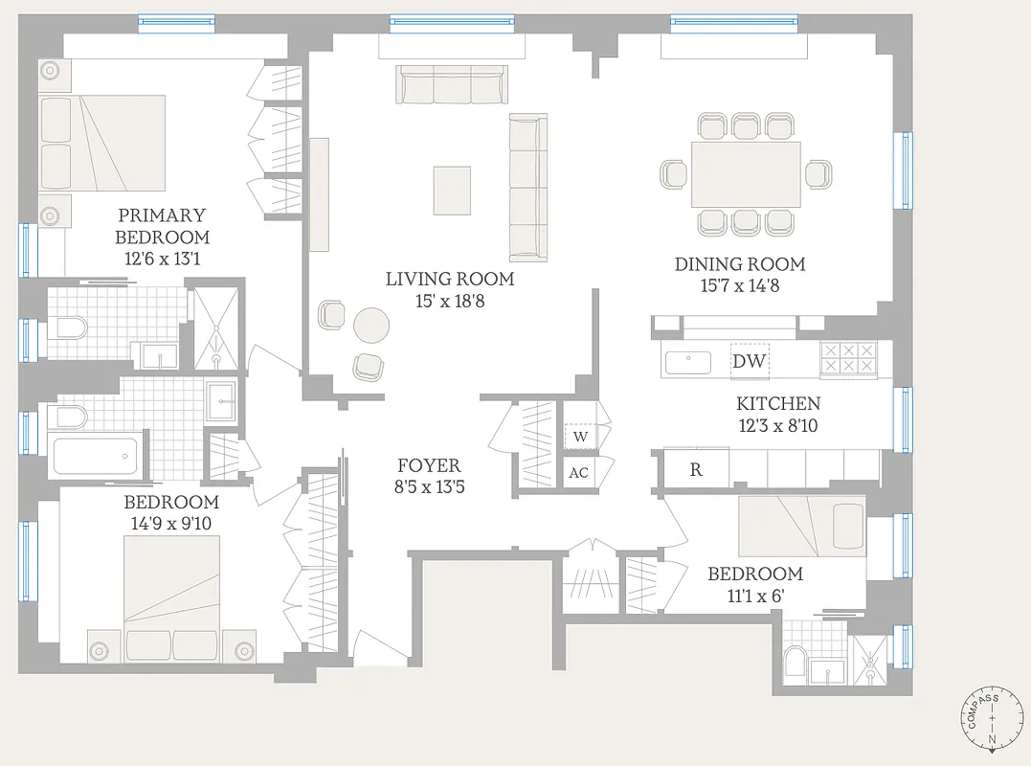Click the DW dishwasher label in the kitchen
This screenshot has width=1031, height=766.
(x=749, y=361)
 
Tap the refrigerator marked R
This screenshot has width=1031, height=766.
(x=696, y=469)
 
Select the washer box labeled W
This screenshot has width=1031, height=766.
(x=579, y=438)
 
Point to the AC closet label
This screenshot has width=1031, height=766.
(x=578, y=473)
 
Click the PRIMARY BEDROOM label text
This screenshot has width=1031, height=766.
(x=162, y=226)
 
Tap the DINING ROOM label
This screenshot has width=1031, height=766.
(x=740, y=264)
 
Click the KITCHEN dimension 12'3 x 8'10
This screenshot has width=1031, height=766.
(x=777, y=426)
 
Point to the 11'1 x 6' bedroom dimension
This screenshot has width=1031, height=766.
(x=755, y=597)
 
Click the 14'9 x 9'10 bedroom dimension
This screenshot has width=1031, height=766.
(x=171, y=524)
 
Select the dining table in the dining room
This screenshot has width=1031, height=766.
(x=746, y=174)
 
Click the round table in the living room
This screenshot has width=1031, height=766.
(x=371, y=326)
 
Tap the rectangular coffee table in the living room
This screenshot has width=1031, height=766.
(x=452, y=190)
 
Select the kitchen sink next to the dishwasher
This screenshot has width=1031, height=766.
(x=686, y=362)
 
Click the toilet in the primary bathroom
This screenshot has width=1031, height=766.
(x=69, y=329)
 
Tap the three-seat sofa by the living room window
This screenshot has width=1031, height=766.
(x=452, y=86)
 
